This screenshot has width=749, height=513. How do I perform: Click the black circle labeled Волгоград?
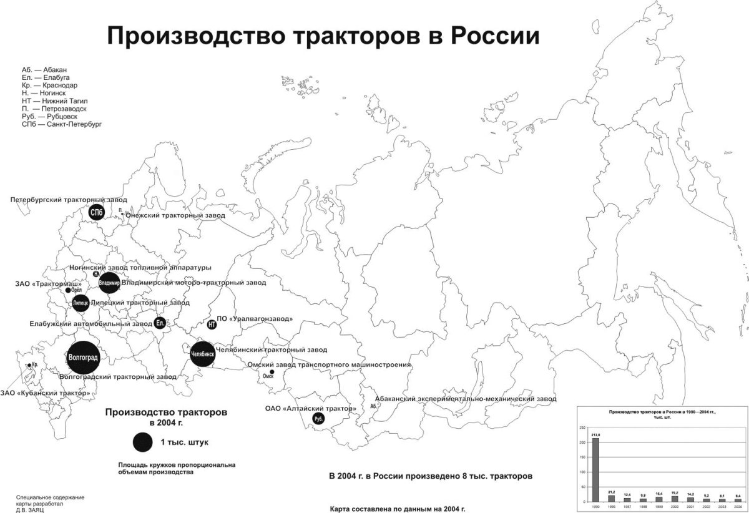click(83, 357)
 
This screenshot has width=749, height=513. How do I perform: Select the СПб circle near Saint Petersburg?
click(96, 213)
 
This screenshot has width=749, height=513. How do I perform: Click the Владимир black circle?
click(109, 283)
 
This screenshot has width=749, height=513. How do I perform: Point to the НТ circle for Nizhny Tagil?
click(212, 325)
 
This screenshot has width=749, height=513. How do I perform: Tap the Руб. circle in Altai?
click(318, 419)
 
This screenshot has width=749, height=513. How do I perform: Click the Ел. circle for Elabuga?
click(159, 323)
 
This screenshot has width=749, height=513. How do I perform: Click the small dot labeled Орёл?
click(68, 290)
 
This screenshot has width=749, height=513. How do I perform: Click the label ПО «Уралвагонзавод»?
click(255, 318)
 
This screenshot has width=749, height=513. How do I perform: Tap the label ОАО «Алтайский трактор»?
click(311, 409)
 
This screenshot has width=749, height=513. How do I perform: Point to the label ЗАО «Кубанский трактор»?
click(46, 393)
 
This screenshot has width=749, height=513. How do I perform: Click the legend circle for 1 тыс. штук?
click(142, 442)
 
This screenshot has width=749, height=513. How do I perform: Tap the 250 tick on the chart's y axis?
click(583, 428)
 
